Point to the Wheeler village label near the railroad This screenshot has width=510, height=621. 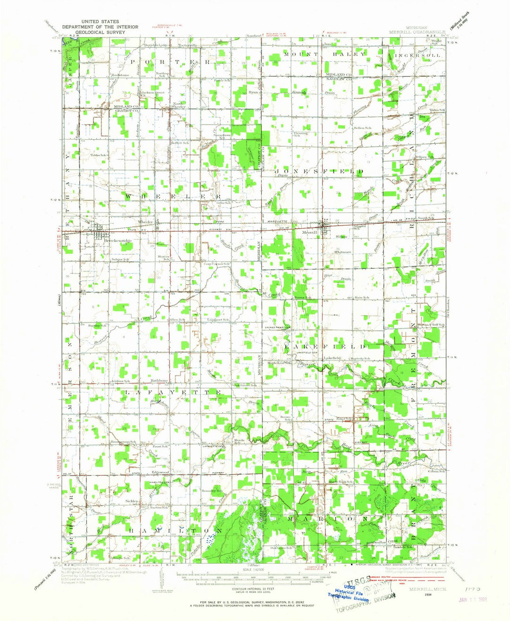pyautogui.click(x=145, y=222)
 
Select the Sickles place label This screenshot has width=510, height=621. pyautogui.click(x=132, y=499)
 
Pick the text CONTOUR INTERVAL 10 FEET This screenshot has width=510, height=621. pyautogui.click(x=247, y=590)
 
